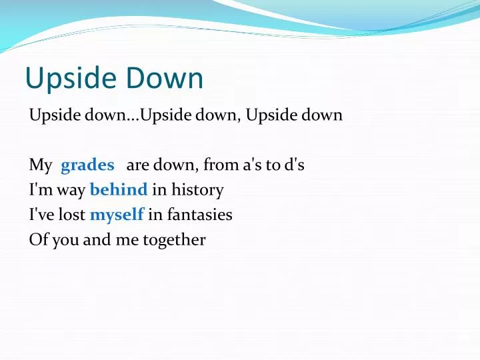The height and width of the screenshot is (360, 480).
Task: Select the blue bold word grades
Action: click(87, 165)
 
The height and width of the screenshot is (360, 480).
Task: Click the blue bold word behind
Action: click(119, 190)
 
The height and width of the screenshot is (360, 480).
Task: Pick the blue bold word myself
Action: click(117, 215)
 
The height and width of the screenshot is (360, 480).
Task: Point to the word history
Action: click(197, 190)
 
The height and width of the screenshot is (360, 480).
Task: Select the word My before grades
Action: click(40, 165)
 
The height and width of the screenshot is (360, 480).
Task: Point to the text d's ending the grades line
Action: click(294, 165)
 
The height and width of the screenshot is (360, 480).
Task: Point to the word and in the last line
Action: click(97, 240)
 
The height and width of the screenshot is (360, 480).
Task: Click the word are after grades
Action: click(137, 165)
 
